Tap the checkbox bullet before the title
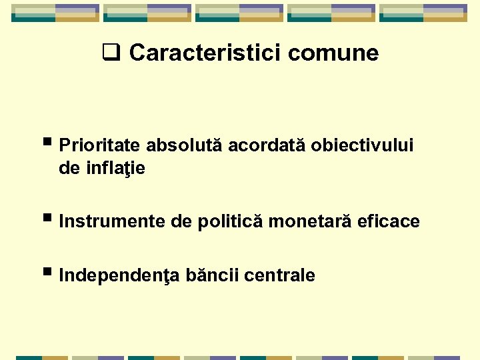(x=109, y=51)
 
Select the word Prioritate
(x=100, y=145)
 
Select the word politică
(x=231, y=221)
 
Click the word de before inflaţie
(x=69, y=169)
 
